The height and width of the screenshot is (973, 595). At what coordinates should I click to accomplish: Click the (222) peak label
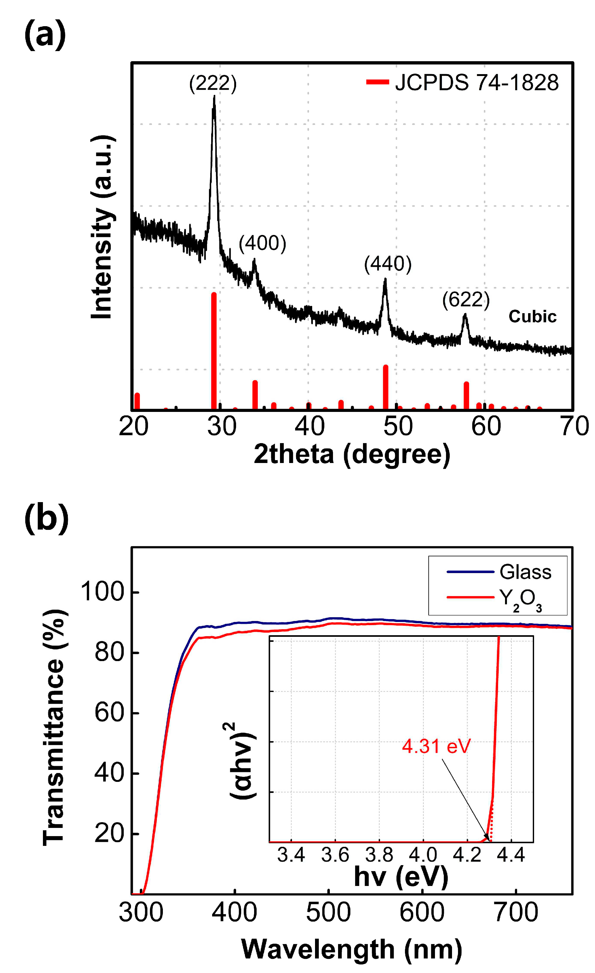point(213,84)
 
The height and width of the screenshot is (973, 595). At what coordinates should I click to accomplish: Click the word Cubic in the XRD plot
point(532,317)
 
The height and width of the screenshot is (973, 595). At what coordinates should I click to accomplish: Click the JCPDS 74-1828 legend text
point(477,83)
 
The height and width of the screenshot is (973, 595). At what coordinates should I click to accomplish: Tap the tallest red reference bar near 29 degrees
point(214,351)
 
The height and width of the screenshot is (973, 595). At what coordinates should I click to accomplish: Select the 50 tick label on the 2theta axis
point(398,427)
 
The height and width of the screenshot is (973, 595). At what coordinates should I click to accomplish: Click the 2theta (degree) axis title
point(352,454)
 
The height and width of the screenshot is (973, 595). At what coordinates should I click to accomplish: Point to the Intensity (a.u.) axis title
point(102,227)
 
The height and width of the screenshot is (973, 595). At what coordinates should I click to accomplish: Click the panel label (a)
point(45,35)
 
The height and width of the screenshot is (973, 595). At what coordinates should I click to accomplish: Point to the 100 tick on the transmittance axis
point(103,592)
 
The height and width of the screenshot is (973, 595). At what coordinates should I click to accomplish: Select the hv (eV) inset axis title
point(401,877)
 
